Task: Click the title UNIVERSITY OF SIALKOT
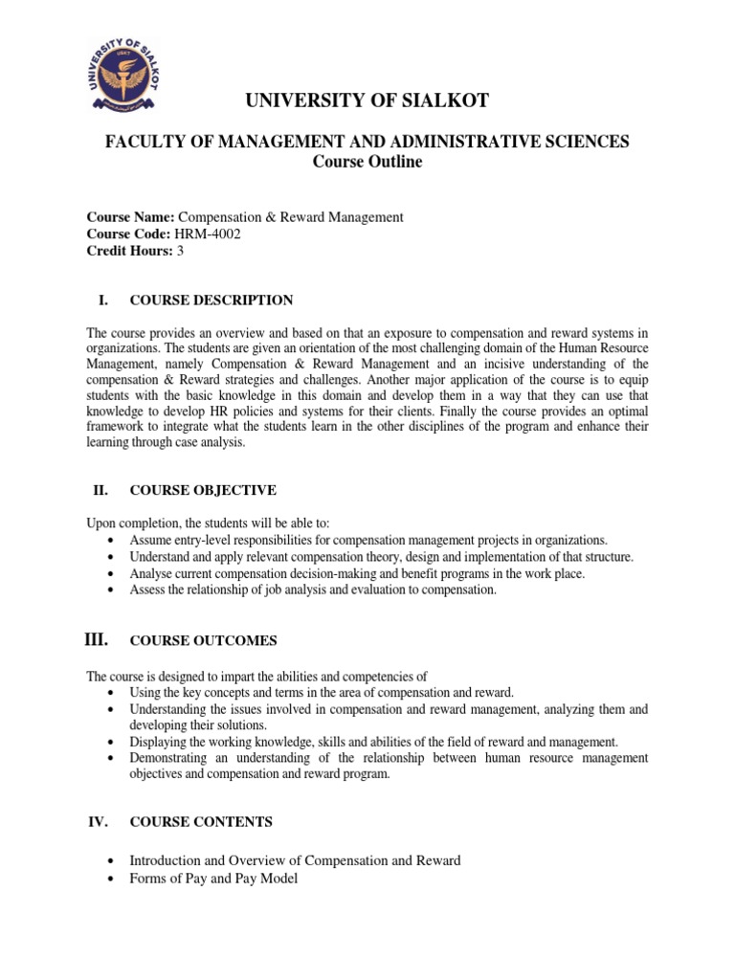coord(367,101)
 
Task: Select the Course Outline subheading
coord(367,162)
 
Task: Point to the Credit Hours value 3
coord(179,250)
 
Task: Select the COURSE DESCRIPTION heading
coord(212,301)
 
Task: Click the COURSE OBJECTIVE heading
coord(203,490)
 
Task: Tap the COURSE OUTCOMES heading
coord(204,641)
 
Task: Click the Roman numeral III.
coord(98,639)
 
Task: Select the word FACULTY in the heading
coord(140,142)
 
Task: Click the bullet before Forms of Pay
coord(115,879)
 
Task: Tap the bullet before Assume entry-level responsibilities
coord(115,540)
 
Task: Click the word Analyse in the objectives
coord(151,573)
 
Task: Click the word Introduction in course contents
coord(167,860)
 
